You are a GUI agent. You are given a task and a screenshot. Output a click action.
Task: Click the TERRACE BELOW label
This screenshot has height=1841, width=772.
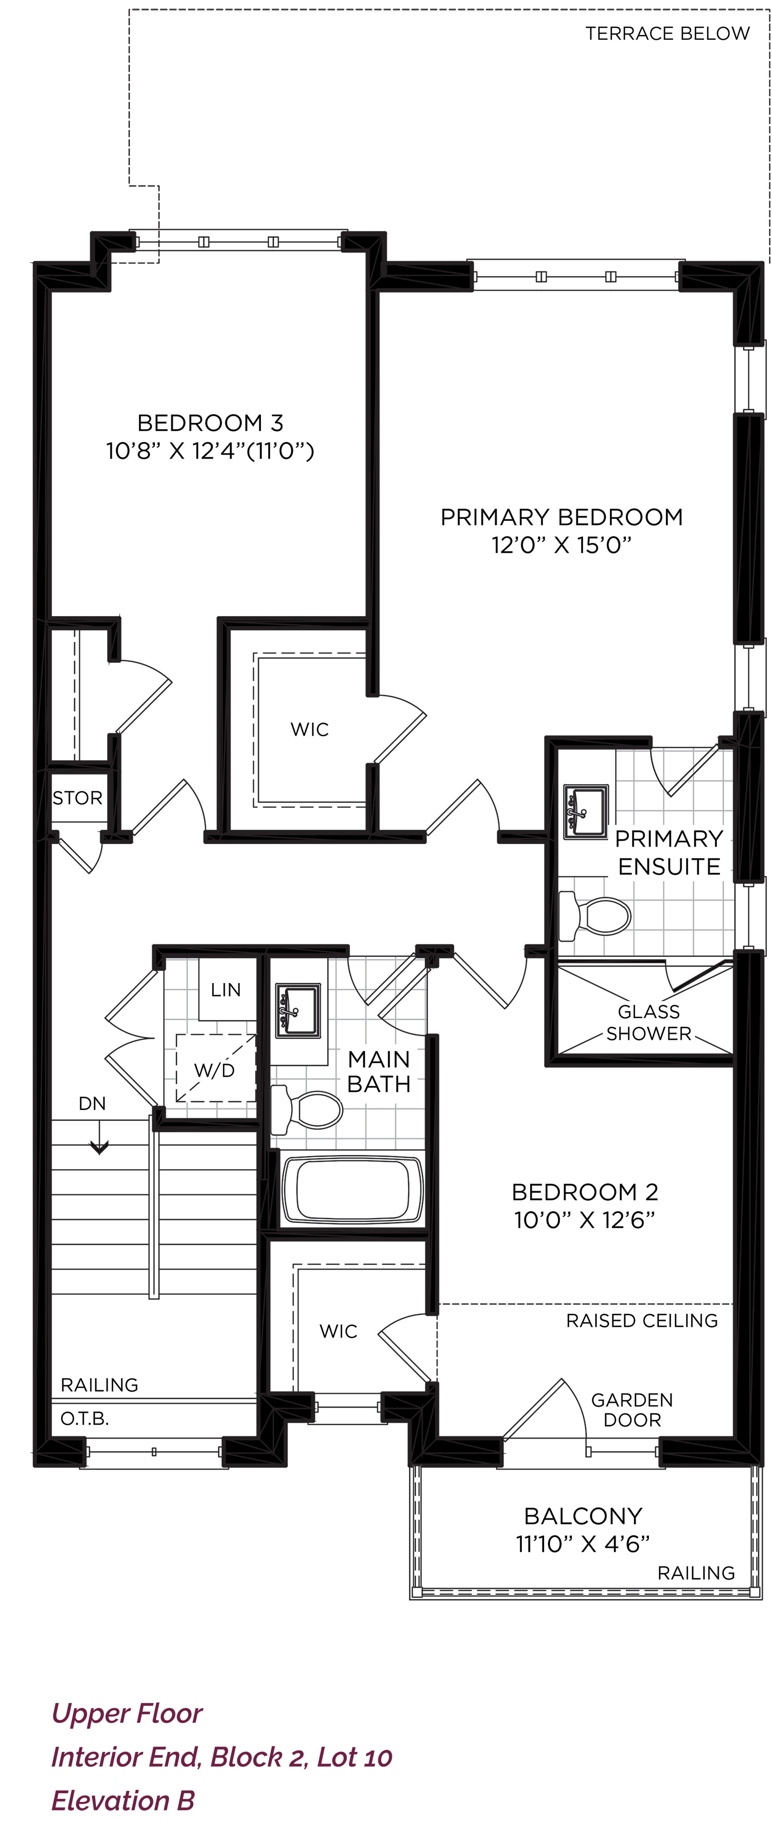[x=667, y=33]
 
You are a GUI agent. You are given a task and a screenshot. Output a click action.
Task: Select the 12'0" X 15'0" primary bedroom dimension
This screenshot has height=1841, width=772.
[x=562, y=545]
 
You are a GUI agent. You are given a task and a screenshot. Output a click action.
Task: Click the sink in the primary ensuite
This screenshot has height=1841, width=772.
[x=586, y=812]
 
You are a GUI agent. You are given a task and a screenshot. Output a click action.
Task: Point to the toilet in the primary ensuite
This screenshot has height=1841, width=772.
[x=594, y=916]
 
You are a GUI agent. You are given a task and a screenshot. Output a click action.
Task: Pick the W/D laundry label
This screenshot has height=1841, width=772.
[x=214, y=1071]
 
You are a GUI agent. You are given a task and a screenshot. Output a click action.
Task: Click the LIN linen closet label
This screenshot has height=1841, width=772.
[x=225, y=990]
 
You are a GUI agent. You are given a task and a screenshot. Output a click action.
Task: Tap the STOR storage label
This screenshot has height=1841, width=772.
[x=78, y=798]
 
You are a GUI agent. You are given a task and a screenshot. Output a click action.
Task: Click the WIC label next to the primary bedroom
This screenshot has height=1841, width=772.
[x=309, y=729]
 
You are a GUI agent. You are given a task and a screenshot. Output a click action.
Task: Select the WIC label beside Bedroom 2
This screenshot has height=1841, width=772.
[x=339, y=1331]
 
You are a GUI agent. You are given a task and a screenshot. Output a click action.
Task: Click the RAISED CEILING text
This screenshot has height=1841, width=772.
[x=642, y=1321]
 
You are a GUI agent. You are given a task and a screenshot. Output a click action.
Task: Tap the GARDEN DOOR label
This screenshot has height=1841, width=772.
[x=632, y=1409]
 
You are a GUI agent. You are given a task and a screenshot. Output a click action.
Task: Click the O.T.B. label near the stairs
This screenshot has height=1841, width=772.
[x=85, y=1418]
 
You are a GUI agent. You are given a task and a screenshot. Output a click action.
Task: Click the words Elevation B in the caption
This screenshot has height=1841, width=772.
[x=123, y=1800]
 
